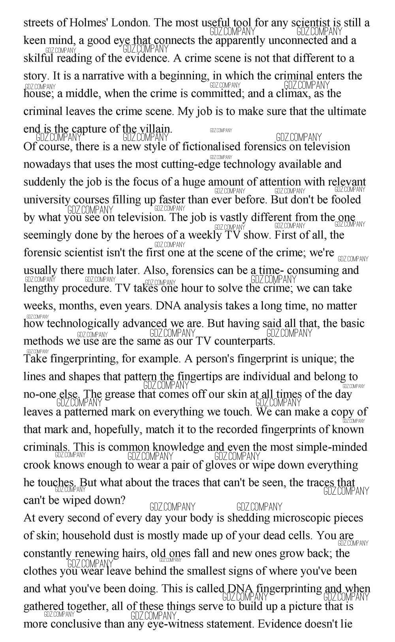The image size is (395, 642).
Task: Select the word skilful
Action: click(38, 58)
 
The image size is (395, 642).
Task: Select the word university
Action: click(47, 200)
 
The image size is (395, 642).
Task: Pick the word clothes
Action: click(40, 571)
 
